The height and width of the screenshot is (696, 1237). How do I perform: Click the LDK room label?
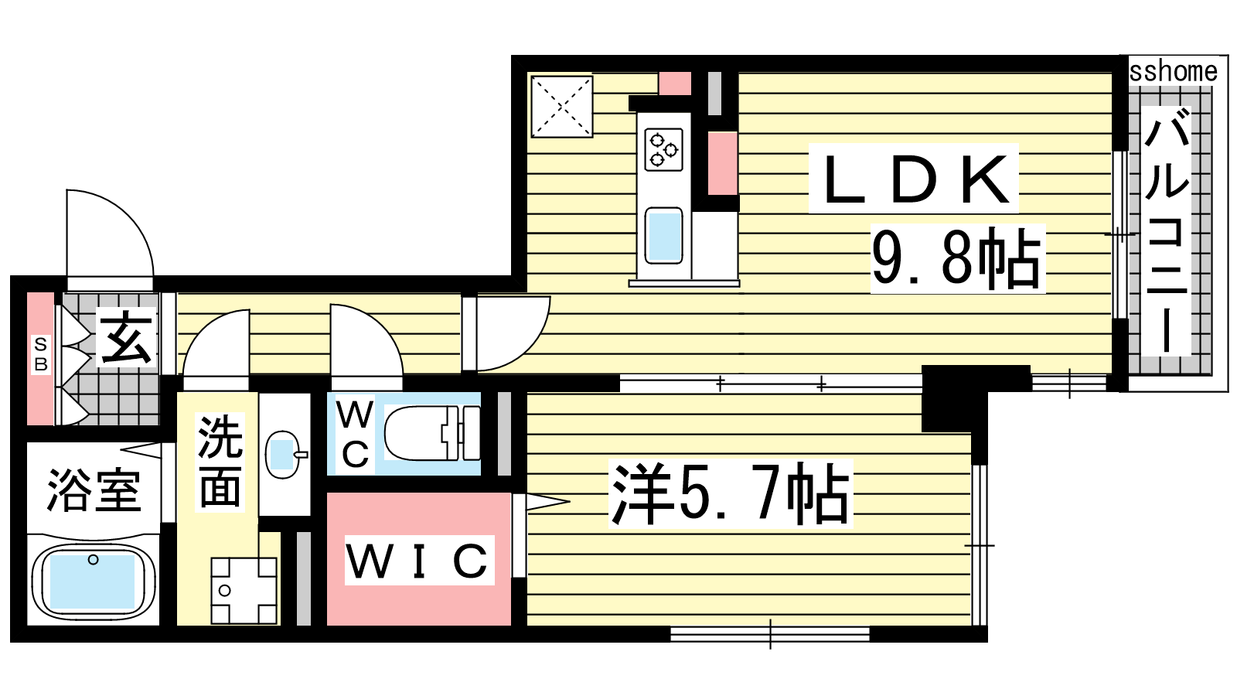coord(913,179)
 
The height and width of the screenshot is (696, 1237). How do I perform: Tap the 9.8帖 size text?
coord(957,258)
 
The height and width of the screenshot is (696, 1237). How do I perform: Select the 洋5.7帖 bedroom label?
coord(730,493)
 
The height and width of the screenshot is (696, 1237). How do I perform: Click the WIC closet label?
coord(418,560)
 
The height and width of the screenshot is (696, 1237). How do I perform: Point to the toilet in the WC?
coord(432,433)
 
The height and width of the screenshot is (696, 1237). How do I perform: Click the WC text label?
coord(355,434)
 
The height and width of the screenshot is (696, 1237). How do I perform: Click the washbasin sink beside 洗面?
coord(285,454)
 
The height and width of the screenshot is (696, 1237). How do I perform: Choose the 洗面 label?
coord(220,461)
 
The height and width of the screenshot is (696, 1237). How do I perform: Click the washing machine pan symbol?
coord(244,591)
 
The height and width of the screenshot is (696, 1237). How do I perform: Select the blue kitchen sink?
coord(663,236)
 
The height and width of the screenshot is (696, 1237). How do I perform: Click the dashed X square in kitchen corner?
coord(561,106)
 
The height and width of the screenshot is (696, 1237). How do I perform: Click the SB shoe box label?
coord(41,354)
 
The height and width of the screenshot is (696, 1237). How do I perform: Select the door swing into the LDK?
coord(529,349)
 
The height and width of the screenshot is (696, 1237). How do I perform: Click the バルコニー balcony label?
coord(1167,231)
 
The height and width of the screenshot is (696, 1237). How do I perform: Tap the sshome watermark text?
coord(1173,73)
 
